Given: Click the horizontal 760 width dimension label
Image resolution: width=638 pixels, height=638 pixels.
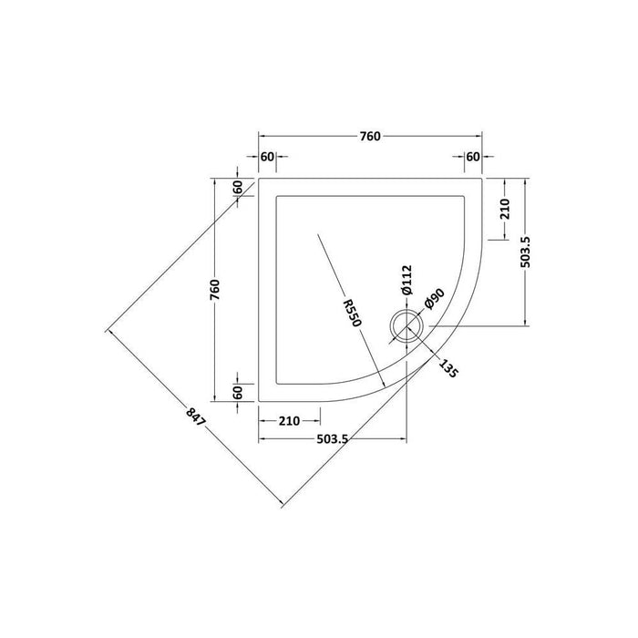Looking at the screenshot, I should [x=369, y=137].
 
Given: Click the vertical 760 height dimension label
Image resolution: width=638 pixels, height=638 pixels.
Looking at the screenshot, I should [x=216, y=289].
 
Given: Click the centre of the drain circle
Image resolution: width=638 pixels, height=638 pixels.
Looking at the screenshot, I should [x=404, y=324].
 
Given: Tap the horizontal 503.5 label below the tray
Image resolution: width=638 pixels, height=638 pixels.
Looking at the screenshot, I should [x=333, y=440].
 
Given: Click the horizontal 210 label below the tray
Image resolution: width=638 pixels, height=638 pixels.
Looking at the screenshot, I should [x=288, y=421].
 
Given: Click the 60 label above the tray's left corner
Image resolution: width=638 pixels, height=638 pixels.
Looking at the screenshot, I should [x=267, y=157].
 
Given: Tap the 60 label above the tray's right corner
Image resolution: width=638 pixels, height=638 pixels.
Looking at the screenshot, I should [x=473, y=157].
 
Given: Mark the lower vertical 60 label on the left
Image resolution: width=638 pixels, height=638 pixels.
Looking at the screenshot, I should [x=237, y=392].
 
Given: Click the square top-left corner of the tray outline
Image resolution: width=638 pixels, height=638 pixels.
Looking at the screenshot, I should [x=261, y=179].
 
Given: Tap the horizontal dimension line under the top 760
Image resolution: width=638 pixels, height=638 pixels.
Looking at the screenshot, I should [x=310, y=139].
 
